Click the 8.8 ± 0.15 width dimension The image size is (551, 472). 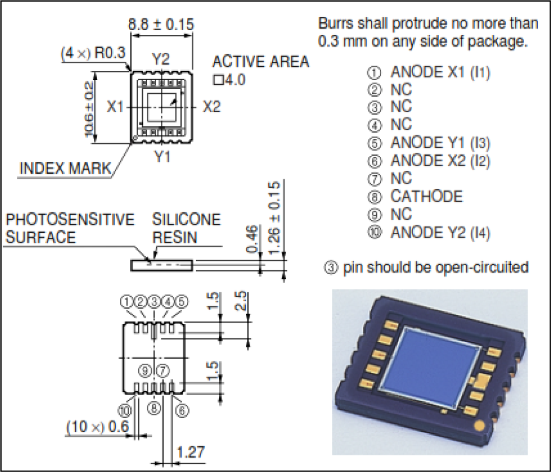pyautogui.click(x=161, y=24)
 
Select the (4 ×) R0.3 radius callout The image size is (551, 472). pyautogui.click(x=92, y=53)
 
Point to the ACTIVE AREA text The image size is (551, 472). pyautogui.click(x=261, y=62)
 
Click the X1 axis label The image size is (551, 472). pyautogui.click(x=115, y=108)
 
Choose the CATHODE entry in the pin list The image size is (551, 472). pyautogui.click(x=426, y=196)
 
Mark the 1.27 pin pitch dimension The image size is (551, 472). pyautogui.click(x=191, y=452)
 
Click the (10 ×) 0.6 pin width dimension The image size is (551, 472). pyautogui.click(x=97, y=427)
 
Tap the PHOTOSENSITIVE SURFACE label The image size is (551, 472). pyautogui.click(x=70, y=228)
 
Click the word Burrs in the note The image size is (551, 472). pyautogui.click(x=335, y=23)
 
